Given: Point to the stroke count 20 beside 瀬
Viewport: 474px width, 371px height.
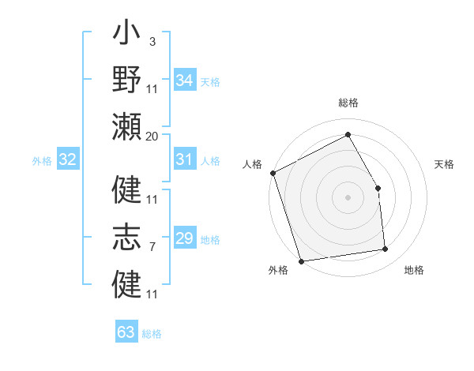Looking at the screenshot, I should point(152,137).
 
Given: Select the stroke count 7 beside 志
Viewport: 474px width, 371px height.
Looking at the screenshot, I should point(152,247).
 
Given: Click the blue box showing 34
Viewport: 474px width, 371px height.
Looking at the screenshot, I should point(185,80).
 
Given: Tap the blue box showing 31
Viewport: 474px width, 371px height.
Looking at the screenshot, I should point(185,159).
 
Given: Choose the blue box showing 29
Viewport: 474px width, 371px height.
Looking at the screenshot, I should point(185,238).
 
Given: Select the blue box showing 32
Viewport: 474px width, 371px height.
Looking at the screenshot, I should point(68,159).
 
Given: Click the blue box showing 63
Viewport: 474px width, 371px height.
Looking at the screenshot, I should point(126,332).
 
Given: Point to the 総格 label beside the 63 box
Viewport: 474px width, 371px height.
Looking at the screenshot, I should point(152,334).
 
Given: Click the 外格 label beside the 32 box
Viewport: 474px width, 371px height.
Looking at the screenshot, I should point(42,161).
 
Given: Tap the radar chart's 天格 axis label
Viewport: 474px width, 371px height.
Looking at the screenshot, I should point(445,164).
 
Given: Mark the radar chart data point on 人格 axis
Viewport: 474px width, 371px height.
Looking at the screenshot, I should point(273,173).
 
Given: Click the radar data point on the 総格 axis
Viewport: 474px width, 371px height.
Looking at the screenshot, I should point(348,134).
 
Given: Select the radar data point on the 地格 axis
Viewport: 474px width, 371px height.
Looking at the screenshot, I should point(386,249).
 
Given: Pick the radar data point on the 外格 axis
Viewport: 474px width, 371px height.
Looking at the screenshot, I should point(302,260).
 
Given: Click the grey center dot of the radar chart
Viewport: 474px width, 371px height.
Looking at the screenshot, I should point(348,197).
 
